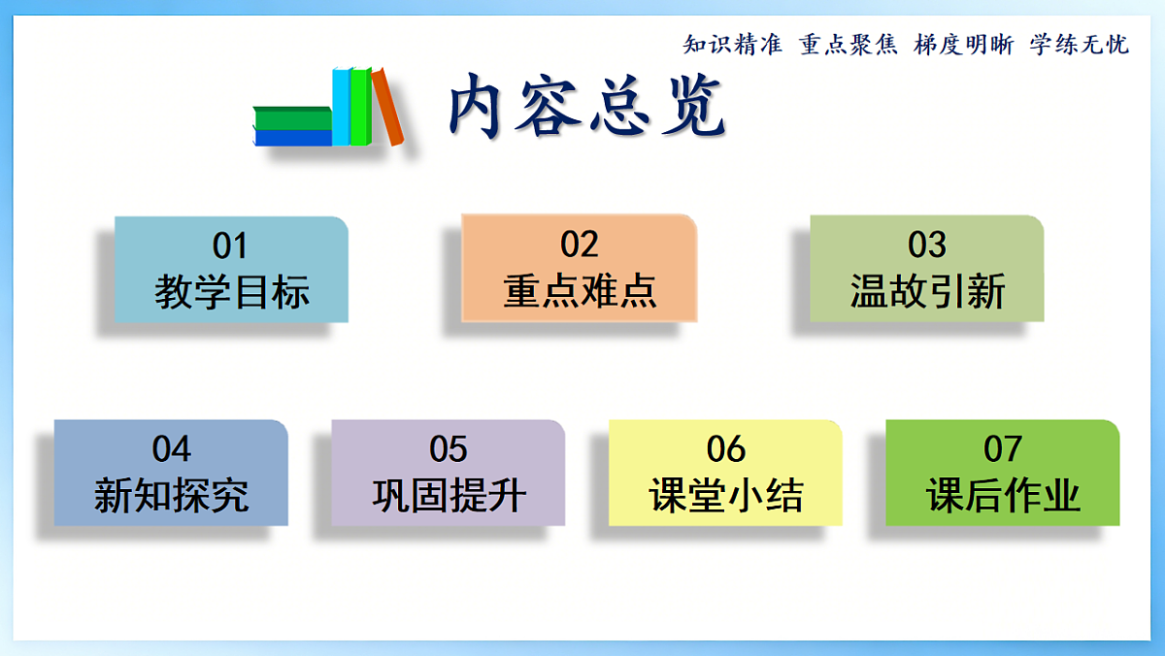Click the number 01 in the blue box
point(230,246)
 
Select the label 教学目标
point(231,291)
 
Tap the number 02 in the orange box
point(580,245)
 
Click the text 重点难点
point(580,291)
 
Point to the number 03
point(927,245)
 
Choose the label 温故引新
point(927,291)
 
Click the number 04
point(172,449)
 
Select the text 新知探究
point(172,496)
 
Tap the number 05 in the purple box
point(449,449)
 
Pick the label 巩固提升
point(449,496)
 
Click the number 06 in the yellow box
point(725,449)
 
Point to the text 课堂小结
point(725,496)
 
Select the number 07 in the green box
point(1003,449)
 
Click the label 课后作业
point(1003,496)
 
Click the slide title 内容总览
point(586,105)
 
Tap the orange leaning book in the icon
point(388,107)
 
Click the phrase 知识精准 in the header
point(733,45)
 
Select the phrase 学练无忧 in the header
point(1080,45)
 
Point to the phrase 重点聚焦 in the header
point(849,45)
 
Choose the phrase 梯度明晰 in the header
point(964,45)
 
